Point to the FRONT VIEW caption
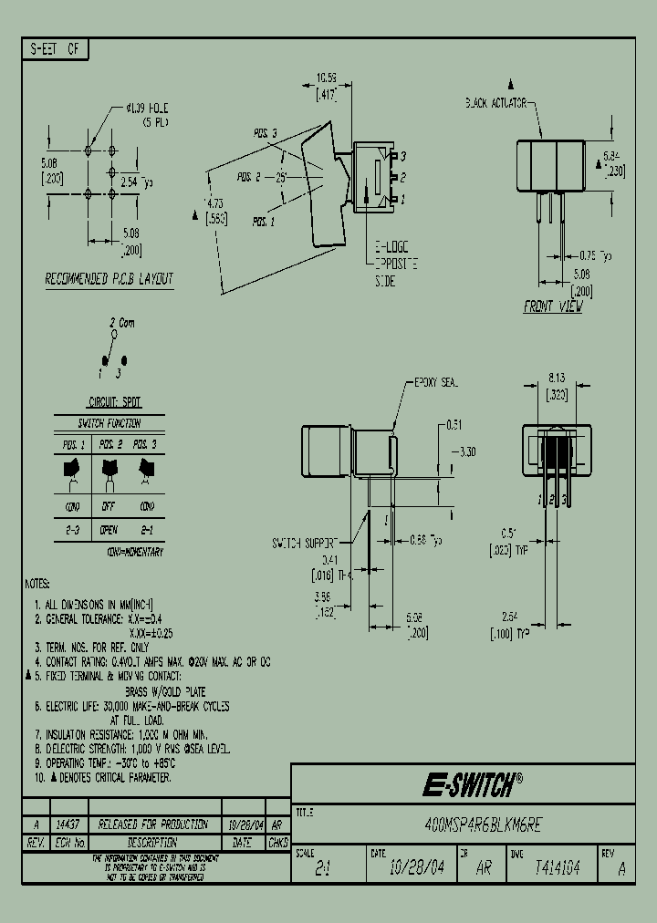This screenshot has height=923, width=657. coord(552,307)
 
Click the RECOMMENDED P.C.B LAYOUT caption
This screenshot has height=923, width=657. coord(109,280)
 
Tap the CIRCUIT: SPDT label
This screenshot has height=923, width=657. coord(114,402)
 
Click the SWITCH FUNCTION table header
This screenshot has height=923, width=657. coord(109,423)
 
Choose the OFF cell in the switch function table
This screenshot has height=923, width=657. coord(109,507)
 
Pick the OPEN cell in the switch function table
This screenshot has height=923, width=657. coord(109,528)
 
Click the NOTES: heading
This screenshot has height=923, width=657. coord(37,583)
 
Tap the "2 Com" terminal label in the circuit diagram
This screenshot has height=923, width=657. coord(121,323)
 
